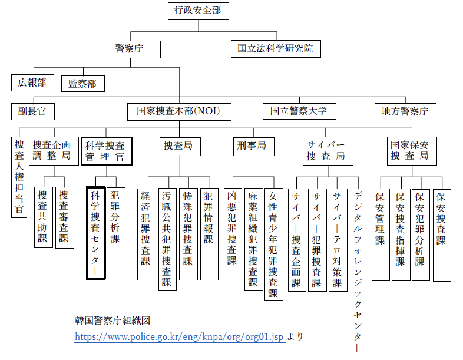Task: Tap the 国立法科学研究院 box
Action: click(276, 48)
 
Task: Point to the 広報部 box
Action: click(32, 82)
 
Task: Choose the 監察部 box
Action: click(82, 82)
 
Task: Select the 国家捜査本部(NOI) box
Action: click(179, 111)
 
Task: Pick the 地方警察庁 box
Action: click(405, 111)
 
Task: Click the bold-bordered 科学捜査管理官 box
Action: click(105, 151)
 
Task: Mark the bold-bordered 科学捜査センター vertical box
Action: click(96, 232)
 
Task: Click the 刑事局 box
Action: click(252, 146)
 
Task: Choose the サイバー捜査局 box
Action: click(325, 151)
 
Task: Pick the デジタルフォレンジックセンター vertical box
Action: click(358, 271)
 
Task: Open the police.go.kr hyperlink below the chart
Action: click(180, 337)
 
